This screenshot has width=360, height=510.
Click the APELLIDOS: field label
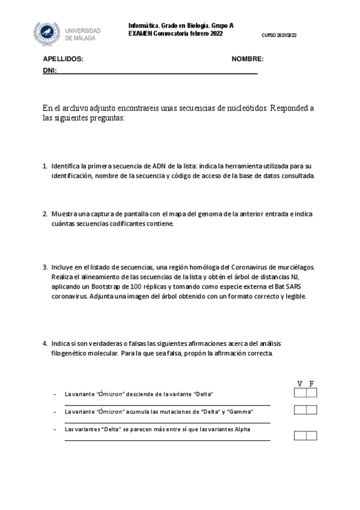coord(63,60)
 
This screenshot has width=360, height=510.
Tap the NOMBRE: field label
coord(247,60)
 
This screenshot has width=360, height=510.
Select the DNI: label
coord(49,71)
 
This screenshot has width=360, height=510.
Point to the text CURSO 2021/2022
coord(279,35)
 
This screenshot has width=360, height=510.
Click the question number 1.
coord(44,165)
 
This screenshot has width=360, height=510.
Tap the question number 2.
coord(44,214)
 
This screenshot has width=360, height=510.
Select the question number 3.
coord(44,267)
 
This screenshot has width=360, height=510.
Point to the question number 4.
coord(44,343)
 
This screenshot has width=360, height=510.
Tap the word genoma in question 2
coord(228,214)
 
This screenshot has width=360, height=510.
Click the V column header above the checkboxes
coord(300,384)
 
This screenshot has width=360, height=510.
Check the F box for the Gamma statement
coord(311,410)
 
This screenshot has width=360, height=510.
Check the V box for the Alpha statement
coord(300,435)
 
